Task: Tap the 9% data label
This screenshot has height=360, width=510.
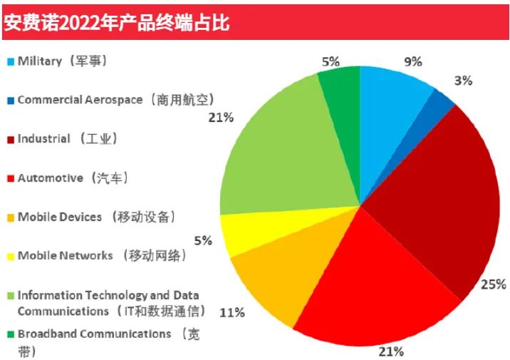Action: click(412, 62)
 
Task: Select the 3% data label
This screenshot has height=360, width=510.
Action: click(463, 81)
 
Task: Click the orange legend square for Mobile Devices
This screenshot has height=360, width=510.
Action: click(9, 217)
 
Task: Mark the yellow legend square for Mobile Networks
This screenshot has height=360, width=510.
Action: click(9, 255)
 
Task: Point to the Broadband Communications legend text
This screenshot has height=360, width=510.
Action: click(94, 334)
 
